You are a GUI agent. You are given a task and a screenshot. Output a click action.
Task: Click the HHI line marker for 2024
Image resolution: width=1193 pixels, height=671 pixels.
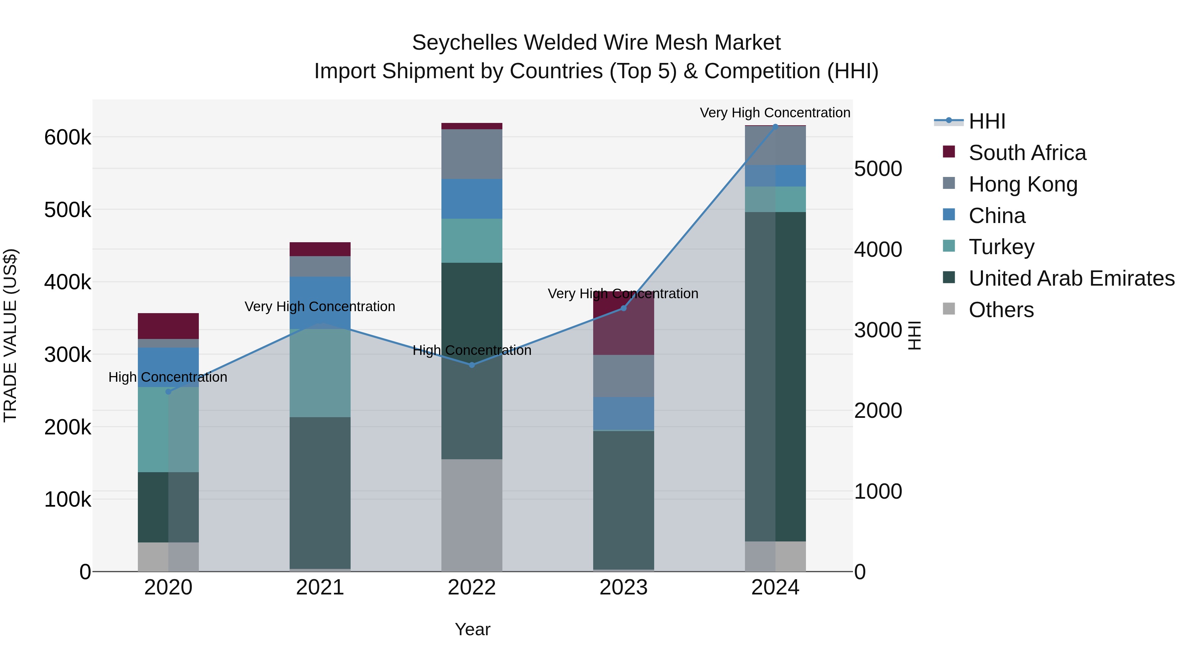pos(775,127)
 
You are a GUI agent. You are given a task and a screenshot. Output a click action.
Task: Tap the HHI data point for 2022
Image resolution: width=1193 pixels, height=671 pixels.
pos(472,365)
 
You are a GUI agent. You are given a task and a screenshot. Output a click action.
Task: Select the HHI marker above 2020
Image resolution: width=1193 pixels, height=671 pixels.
pos(168,392)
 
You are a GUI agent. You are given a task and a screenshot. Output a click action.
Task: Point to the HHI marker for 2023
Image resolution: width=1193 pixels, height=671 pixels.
pos(623,308)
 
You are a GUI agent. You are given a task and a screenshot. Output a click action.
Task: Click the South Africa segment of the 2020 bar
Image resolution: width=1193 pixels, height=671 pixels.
pos(168,326)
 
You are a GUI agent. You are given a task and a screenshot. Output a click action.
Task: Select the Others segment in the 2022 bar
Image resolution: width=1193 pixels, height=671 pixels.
pos(472,515)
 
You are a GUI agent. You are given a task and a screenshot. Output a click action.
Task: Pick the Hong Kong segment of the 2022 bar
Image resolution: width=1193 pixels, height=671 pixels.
pos(472,154)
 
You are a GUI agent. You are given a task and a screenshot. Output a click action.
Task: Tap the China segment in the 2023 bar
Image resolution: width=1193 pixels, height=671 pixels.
pos(623,414)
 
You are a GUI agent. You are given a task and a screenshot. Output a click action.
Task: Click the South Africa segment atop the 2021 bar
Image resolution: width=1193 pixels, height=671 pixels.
pos(320,249)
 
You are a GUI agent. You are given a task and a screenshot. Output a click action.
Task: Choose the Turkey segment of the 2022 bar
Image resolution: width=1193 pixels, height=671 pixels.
pos(472,241)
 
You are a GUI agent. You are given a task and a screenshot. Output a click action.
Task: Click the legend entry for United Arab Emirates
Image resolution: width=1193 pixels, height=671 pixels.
pos(1071,278)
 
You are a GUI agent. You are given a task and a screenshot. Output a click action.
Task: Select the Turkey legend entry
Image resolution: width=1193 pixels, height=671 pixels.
pos(1001,247)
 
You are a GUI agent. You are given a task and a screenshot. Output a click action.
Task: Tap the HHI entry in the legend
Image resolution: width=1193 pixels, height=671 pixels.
pos(987,121)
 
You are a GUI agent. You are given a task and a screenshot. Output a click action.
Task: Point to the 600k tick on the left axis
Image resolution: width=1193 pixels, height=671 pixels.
pos(68,138)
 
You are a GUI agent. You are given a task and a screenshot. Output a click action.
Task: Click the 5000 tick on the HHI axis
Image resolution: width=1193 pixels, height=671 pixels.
pos(878,169)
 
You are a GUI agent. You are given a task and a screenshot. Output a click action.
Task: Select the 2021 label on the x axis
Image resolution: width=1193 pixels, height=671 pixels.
pos(320,587)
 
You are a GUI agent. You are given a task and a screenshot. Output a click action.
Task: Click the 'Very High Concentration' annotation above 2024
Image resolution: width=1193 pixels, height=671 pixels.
pos(775,113)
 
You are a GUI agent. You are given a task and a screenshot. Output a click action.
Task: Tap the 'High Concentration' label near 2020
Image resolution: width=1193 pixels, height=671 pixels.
pos(168,377)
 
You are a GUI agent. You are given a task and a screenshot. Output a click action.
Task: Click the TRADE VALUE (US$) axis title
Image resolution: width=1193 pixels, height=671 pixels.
pos(10,335)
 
